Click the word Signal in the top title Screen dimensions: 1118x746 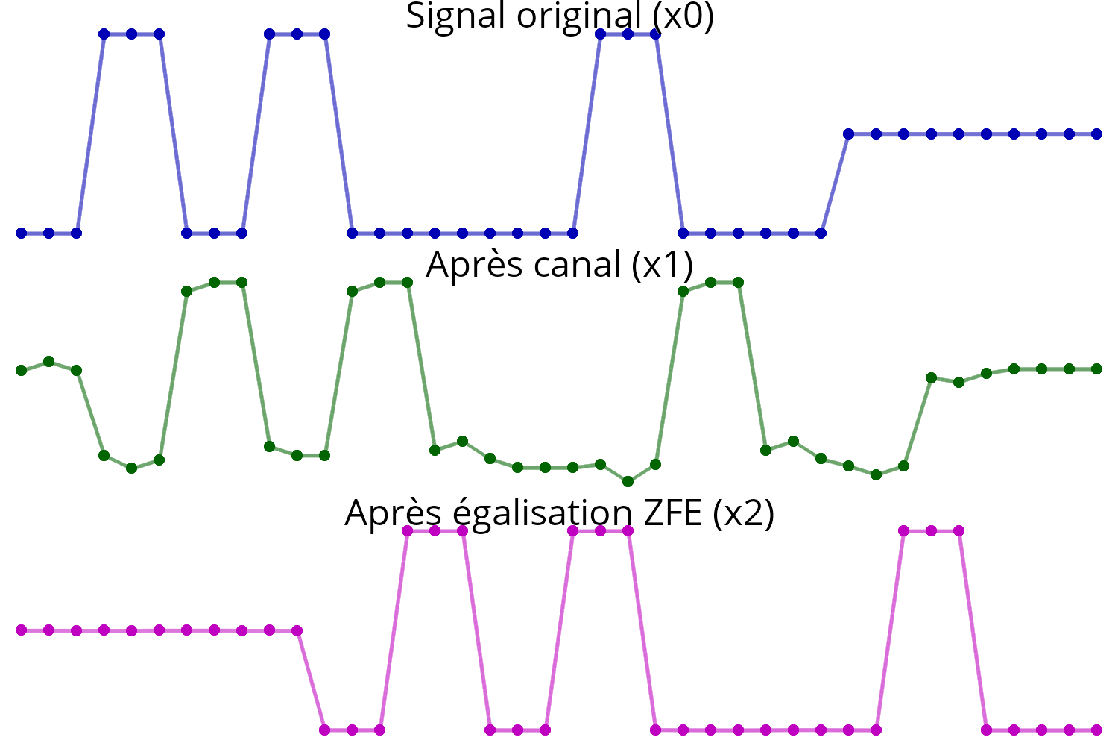coord(455,16)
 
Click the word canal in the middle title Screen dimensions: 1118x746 coord(577,264)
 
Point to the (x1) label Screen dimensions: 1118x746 coord(663,265)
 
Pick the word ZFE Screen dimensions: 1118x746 coord(673,513)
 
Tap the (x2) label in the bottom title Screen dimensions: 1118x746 coord(744,514)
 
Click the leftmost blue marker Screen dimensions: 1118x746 coord(21,233)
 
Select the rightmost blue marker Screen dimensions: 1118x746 coord(1096,134)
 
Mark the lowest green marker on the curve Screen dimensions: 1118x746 coord(628,482)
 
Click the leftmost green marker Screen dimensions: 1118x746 coord(21,370)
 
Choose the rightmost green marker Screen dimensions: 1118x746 coord(1096,369)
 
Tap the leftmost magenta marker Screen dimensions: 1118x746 coord(21,630)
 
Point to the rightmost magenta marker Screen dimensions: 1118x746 coord(1096,730)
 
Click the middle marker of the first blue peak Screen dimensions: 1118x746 coord(131,34)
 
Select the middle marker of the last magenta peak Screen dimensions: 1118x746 coord(931,530)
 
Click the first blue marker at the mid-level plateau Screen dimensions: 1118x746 coord(848,134)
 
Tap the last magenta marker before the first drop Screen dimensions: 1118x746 coord(297,630)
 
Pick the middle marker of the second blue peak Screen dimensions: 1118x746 coord(297,34)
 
